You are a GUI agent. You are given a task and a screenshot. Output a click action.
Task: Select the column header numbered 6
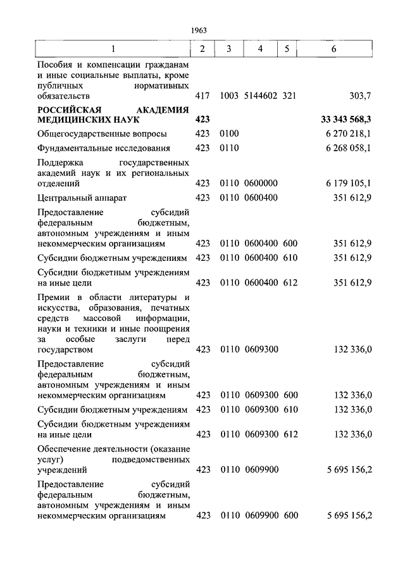pyautogui.click(x=333, y=49)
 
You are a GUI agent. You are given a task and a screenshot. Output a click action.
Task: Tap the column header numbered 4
pyautogui.click(x=260, y=49)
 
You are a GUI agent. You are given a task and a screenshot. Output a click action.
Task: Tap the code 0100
pyautogui.click(x=230, y=134)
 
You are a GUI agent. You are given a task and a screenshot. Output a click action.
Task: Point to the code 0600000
pyautogui.click(x=261, y=183)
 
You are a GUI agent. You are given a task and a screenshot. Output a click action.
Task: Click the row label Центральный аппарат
pyautogui.click(x=82, y=198)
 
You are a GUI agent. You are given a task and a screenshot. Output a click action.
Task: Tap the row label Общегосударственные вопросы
pyautogui.click(x=103, y=134)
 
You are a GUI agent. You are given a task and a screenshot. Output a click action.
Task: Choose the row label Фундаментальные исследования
pyautogui.click(x=104, y=148)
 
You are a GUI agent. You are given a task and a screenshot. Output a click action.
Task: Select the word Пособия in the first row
pyautogui.click(x=55, y=65)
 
